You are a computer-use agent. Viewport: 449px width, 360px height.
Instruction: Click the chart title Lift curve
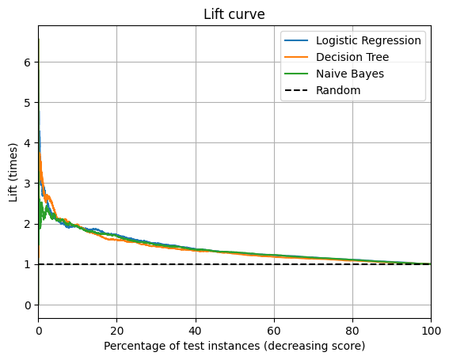(234, 14)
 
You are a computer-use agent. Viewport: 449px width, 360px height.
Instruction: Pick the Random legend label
(338, 90)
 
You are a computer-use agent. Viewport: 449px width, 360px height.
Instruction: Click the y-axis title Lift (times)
(13, 173)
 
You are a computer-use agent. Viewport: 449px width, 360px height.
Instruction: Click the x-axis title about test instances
(234, 346)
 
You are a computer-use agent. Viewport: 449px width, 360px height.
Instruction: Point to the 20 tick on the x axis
(116, 330)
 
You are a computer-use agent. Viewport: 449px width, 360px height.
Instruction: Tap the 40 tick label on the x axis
(195, 330)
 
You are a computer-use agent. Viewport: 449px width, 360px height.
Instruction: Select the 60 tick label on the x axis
(273, 330)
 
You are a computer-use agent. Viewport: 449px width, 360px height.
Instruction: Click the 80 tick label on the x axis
(352, 330)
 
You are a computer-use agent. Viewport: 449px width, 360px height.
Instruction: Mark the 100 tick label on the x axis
(431, 330)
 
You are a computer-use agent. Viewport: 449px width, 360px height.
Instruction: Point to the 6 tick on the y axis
(29, 63)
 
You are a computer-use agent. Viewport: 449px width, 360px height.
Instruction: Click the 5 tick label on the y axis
(29, 103)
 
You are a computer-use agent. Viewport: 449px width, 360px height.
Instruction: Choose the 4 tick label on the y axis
(29, 143)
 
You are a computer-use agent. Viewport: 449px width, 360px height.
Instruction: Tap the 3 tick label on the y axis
(29, 184)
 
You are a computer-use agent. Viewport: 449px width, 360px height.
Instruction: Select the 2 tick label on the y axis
(29, 224)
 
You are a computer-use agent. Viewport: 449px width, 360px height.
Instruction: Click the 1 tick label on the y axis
(29, 264)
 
